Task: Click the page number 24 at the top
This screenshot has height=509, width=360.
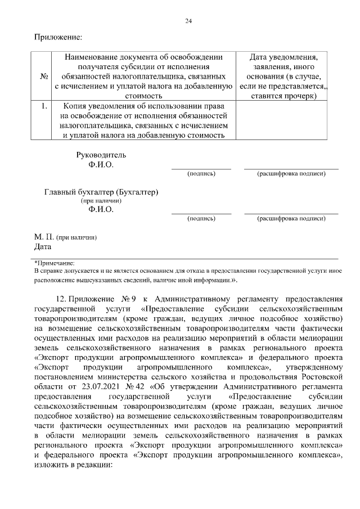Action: (188, 21)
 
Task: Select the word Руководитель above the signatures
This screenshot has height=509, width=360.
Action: (101, 155)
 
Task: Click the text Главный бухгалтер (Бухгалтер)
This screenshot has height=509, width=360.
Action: (101, 192)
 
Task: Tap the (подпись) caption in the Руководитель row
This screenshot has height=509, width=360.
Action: (201, 173)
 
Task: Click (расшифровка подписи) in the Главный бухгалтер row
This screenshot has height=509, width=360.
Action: (291, 217)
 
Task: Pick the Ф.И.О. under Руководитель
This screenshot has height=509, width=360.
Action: (101, 165)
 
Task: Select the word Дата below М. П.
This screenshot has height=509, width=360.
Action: (43, 246)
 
